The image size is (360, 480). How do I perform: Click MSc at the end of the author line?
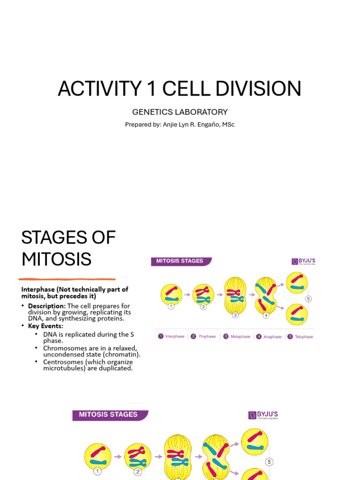point(228,124)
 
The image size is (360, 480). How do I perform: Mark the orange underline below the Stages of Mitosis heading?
point(67,279)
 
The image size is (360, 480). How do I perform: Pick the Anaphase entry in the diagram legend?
point(269,337)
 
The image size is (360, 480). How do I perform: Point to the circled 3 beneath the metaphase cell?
point(235,315)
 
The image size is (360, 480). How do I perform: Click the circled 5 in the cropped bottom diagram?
point(269,462)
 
